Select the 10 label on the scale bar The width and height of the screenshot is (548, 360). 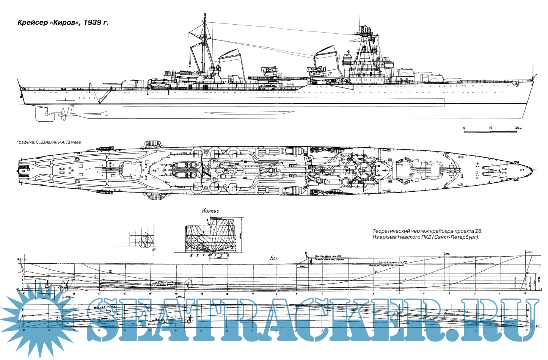tap(490, 128)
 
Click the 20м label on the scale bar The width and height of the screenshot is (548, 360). tap(518, 128)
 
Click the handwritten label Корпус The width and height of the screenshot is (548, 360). tap(210, 211)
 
